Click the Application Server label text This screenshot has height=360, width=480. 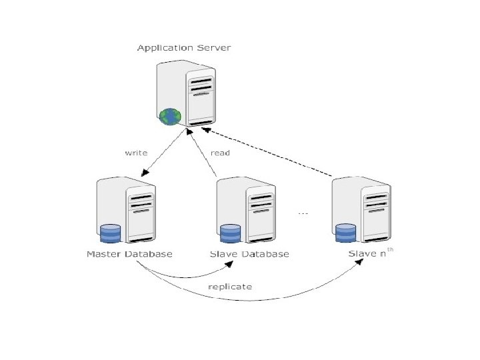pyautogui.click(x=184, y=48)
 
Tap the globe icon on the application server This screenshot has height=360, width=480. pyautogui.click(x=170, y=117)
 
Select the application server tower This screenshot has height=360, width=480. pyautogui.click(x=187, y=93)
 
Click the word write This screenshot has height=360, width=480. pyautogui.click(x=137, y=153)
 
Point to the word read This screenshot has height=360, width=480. pyautogui.click(x=220, y=153)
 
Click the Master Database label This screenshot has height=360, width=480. pyautogui.click(x=129, y=254)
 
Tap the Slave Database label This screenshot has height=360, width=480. pyautogui.click(x=249, y=254)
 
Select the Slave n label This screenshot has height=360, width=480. pyautogui.click(x=367, y=254)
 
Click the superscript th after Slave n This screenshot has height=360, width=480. pyautogui.click(x=391, y=250)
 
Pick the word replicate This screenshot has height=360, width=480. pyautogui.click(x=230, y=287)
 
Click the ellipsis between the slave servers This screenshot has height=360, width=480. pyautogui.click(x=303, y=213)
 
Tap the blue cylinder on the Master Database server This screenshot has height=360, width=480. pyautogui.click(x=109, y=234)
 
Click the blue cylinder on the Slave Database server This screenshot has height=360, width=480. pyautogui.click(x=230, y=234)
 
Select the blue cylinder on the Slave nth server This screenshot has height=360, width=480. pyautogui.click(x=346, y=234)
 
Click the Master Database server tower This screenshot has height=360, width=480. pyautogui.click(x=127, y=210)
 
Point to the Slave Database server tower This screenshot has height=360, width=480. pyautogui.click(x=247, y=210)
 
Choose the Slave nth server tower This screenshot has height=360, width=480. pyautogui.click(x=363, y=210)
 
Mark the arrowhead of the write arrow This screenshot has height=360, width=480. pyautogui.click(x=145, y=173)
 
